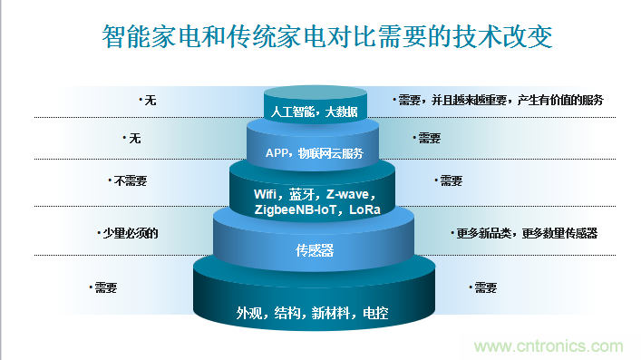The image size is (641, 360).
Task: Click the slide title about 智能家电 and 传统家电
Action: pyautogui.click(x=320, y=38)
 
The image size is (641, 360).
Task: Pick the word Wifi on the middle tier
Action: pyautogui.click(x=267, y=195)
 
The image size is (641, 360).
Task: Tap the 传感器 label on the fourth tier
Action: pyautogui.click(x=315, y=251)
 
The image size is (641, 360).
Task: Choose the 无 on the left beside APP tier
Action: pyautogui.click(x=135, y=139)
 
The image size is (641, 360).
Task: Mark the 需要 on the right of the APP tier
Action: pyautogui.click(x=429, y=139)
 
